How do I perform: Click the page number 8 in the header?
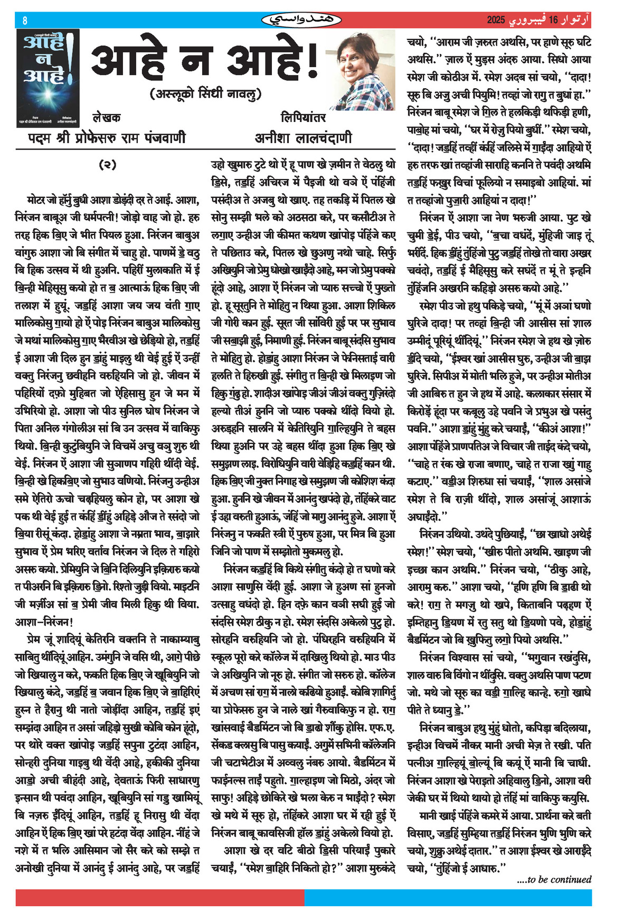(x=25, y=21)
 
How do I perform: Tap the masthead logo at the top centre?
(x=302, y=20)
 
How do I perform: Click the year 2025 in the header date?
(x=496, y=21)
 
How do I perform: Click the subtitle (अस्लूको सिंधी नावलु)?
(x=206, y=94)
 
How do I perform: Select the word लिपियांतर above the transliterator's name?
(x=303, y=117)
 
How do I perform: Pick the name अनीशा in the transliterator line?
(x=273, y=138)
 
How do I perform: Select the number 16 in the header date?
(x=553, y=21)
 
